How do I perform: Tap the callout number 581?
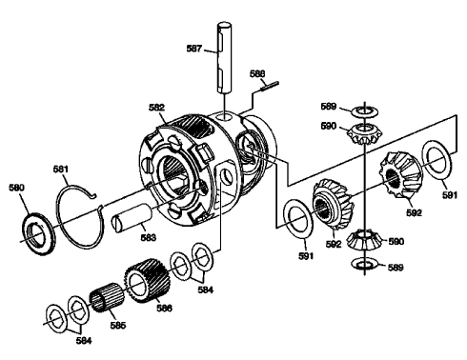point(62,170)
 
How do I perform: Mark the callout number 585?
point(119,325)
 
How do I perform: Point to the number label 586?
point(165,309)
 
